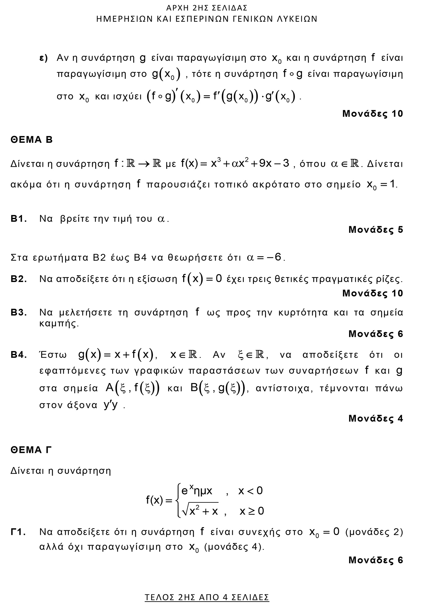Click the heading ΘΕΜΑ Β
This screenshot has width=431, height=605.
(32, 140)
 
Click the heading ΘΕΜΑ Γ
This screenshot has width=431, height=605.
(31, 450)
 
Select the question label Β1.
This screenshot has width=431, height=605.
(19, 219)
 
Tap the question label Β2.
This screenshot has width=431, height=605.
(19, 279)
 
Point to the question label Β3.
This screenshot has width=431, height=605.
(19, 312)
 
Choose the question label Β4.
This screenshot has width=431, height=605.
(19, 355)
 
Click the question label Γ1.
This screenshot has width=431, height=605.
(18, 532)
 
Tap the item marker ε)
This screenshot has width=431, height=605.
(43, 58)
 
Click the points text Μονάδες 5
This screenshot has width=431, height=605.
(375, 230)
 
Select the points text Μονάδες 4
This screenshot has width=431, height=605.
(375, 418)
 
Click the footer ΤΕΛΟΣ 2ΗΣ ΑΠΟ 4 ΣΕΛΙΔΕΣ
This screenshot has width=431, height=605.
(207, 597)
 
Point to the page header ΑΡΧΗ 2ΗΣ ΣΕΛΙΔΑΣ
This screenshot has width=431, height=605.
(207, 7)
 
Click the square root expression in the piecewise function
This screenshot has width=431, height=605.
(200, 510)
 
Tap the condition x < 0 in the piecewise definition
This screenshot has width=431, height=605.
(250, 491)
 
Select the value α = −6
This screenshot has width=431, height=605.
(265, 258)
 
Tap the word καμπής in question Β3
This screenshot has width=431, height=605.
(59, 324)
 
